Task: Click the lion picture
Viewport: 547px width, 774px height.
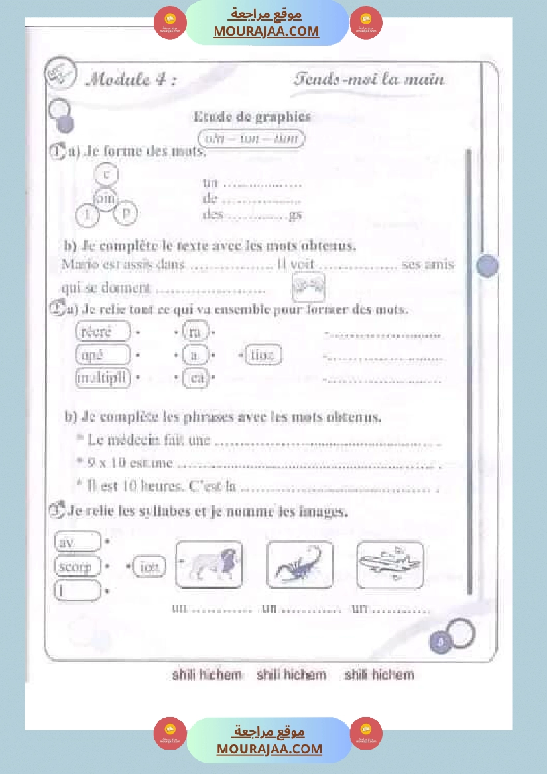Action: (x=209, y=565)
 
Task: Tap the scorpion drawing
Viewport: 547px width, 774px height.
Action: (x=299, y=565)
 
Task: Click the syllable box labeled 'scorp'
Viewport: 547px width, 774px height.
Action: (x=76, y=567)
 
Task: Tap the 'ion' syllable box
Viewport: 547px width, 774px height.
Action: (x=149, y=567)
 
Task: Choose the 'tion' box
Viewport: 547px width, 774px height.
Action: (x=263, y=355)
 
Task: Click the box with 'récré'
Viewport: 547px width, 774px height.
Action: (x=103, y=331)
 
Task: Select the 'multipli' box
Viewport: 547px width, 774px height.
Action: (x=103, y=378)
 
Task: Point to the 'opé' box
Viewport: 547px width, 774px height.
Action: (x=103, y=355)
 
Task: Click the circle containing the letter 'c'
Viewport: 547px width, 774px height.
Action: (x=106, y=174)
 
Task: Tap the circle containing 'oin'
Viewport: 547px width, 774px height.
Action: (x=105, y=197)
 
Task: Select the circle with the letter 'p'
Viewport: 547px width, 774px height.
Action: (x=127, y=213)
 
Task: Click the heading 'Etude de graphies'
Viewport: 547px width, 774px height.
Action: (x=251, y=117)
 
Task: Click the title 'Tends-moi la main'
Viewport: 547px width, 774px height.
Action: (x=369, y=80)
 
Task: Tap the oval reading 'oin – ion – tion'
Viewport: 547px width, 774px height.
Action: (x=251, y=138)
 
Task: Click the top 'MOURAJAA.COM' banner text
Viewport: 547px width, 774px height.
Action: (x=266, y=31)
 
